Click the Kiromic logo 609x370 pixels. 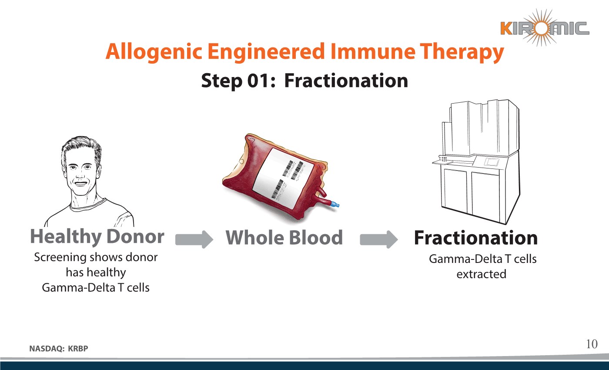click(x=545, y=28)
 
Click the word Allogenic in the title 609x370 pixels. click(x=154, y=52)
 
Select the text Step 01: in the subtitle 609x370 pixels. click(x=238, y=81)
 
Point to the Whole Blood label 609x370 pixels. click(x=284, y=238)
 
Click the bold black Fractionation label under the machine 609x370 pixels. click(x=476, y=238)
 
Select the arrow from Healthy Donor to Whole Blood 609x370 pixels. click(x=194, y=239)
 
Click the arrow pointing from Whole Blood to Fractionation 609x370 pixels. click(x=379, y=239)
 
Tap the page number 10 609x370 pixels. click(x=592, y=344)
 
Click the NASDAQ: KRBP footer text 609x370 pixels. click(x=59, y=349)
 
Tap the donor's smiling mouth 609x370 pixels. click(x=81, y=183)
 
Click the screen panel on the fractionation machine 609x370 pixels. click(x=492, y=161)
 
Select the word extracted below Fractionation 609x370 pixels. click(x=481, y=274)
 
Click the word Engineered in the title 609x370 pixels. click(x=266, y=52)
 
